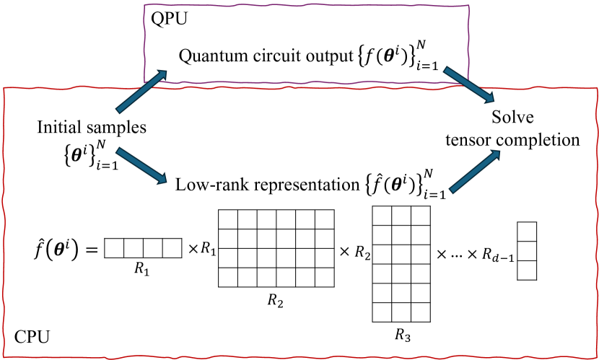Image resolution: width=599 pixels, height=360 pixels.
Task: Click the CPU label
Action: click(32, 337)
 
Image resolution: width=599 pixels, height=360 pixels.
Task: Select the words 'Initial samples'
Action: click(91, 128)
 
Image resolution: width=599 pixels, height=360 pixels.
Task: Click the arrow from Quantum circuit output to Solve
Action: click(468, 86)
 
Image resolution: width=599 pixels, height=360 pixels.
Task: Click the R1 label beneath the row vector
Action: click(142, 267)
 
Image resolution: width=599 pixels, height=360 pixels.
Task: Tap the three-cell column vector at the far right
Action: click(527, 250)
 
